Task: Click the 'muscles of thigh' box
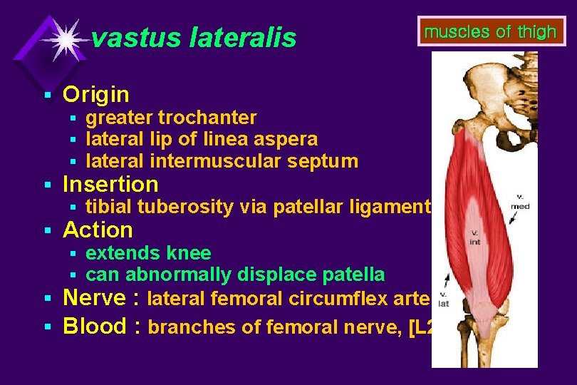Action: coord(490,32)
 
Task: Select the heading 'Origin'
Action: coord(96,94)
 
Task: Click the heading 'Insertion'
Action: coord(110,185)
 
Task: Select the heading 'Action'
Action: coord(98,230)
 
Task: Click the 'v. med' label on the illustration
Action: coord(519,202)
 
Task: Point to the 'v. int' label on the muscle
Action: coord(474,237)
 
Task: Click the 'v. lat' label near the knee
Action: coord(443,300)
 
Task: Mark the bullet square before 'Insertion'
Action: coord(48,185)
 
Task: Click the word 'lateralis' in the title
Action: coord(243,38)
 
